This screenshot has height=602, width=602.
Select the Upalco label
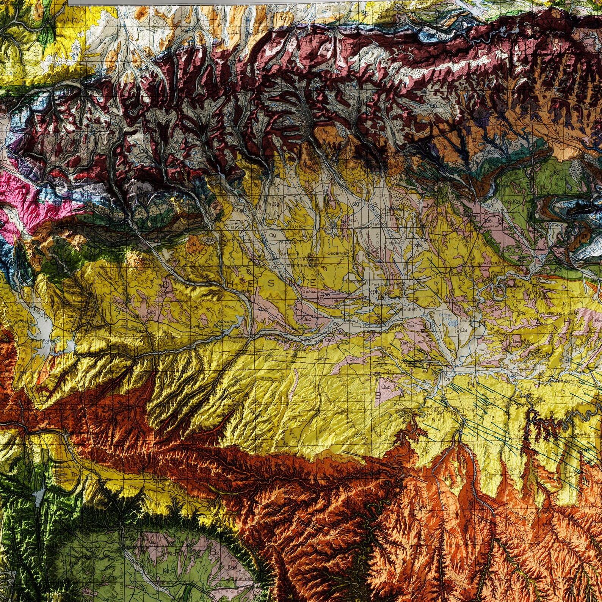(308, 291)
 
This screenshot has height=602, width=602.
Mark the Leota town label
(465, 320)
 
